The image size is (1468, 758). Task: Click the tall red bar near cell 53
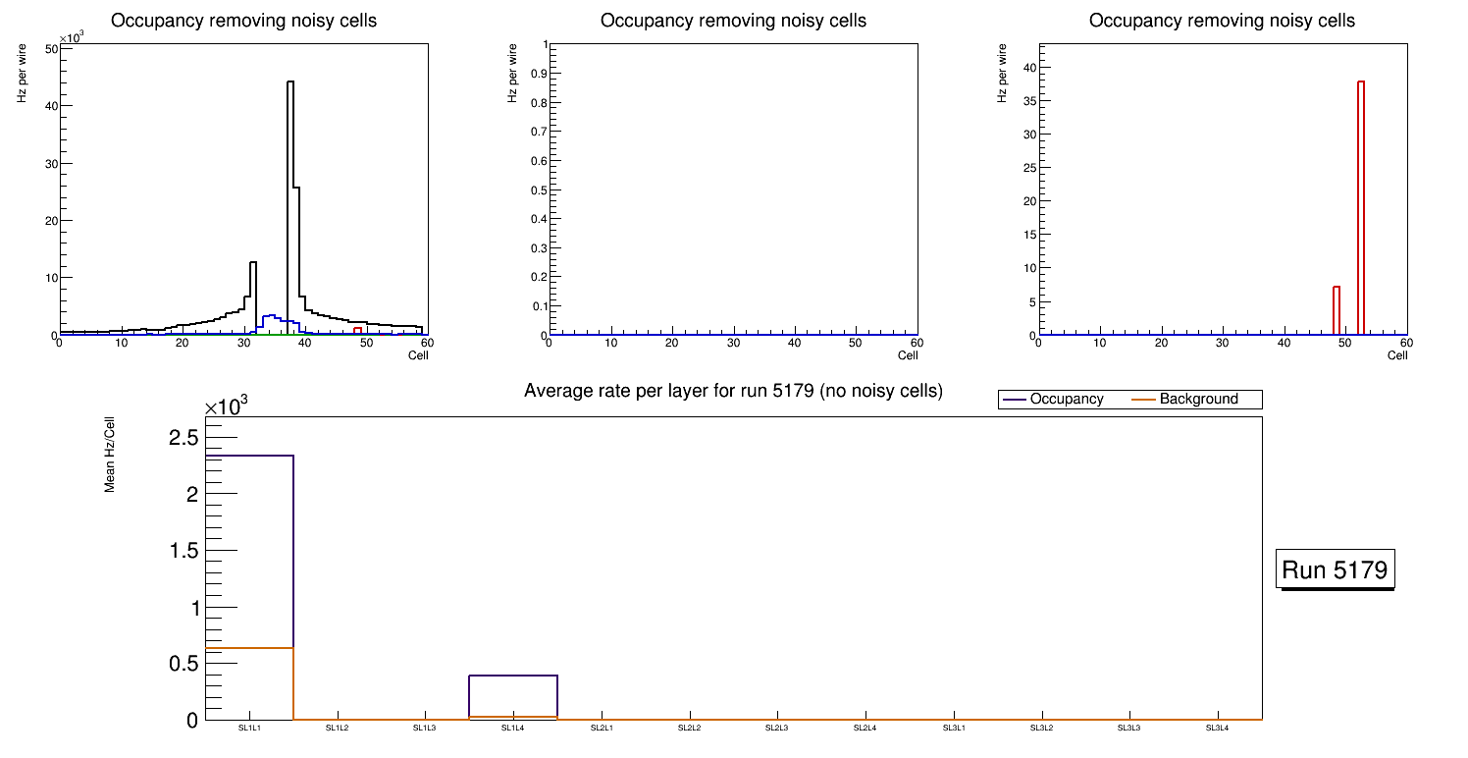1361,196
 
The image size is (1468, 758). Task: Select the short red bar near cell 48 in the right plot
1337,309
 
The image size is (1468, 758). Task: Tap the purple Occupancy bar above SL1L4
513,677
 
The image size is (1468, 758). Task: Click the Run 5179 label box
1336,569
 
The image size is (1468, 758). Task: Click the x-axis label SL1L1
249,729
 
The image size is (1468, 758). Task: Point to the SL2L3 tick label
778,729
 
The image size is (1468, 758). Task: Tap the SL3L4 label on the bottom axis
1218,729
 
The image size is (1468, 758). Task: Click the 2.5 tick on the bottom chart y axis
183,437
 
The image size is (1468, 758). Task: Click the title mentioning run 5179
733,392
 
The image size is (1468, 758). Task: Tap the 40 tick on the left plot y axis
49,105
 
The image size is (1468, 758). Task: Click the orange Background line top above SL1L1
249,648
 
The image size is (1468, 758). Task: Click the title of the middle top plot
733,21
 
